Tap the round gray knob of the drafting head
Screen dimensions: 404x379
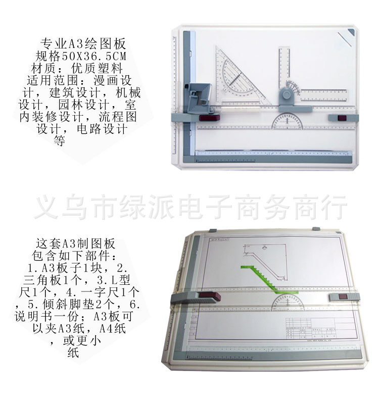click(288, 94)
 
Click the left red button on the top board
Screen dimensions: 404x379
click(206, 118)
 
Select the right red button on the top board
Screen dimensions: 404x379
click(342, 118)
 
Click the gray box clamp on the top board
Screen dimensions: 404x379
click(200, 93)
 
